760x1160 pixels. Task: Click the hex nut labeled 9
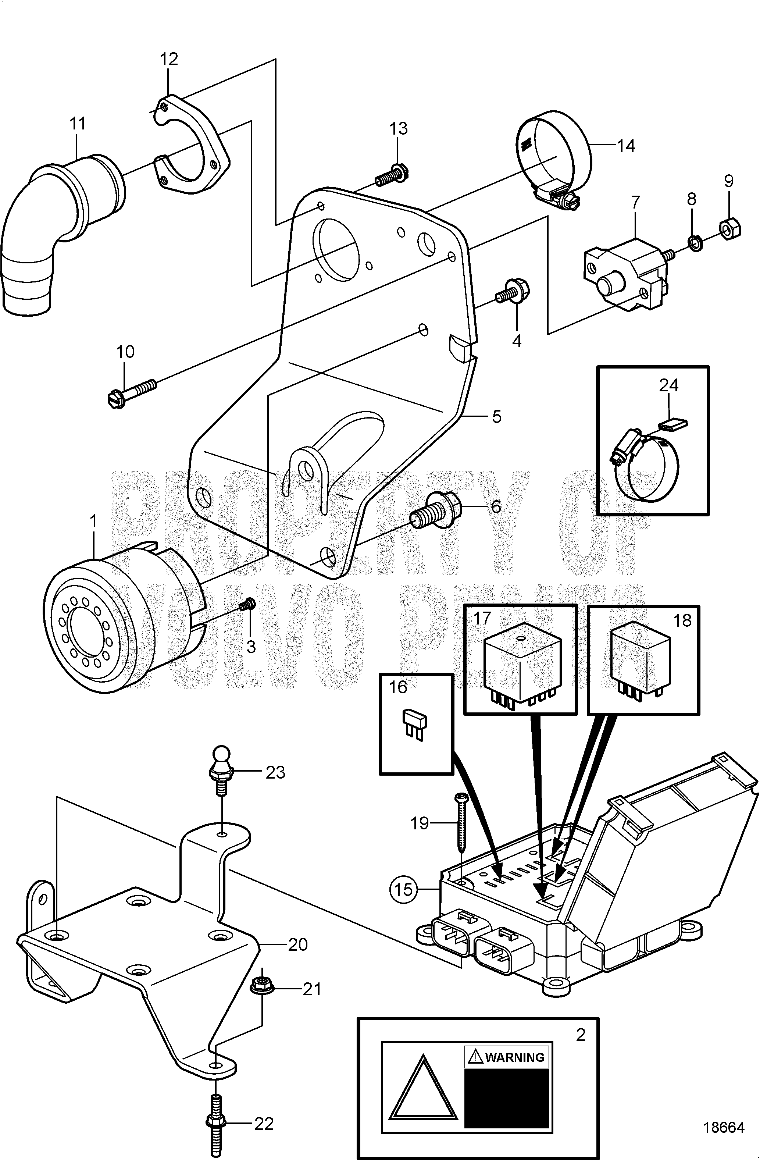pos(730,227)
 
